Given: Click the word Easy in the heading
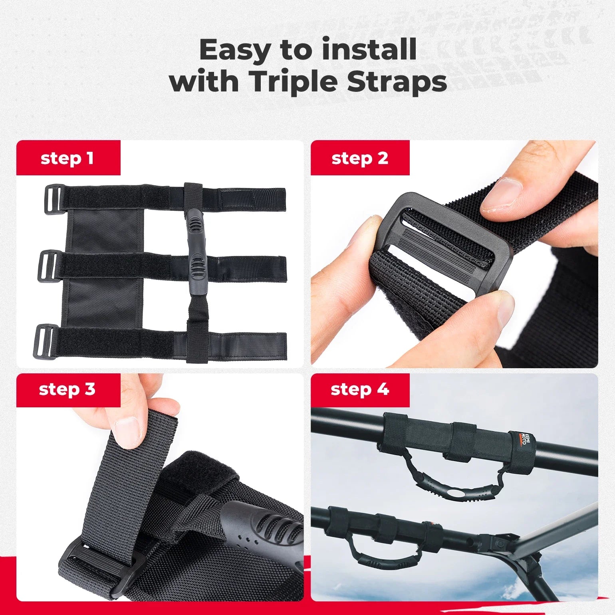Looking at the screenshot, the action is coord(235,50).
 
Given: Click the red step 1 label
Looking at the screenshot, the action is coord(68,158).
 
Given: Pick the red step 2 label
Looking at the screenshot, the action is coord(360,158).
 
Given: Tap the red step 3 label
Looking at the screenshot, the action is coord(68,389).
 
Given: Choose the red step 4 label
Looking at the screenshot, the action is coord(360,389).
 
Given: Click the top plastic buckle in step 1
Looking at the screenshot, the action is coord(54,199).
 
